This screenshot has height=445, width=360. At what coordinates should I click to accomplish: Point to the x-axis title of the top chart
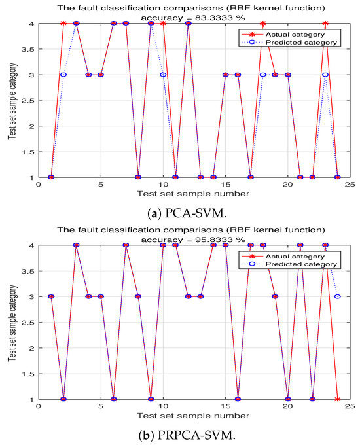[x=194, y=194]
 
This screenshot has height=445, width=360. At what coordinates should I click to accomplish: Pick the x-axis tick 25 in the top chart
[x=350, y=185]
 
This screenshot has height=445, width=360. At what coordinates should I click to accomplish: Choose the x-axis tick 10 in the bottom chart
[x=163, y=407]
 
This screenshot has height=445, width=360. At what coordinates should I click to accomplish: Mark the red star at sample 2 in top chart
[x=63, y=23]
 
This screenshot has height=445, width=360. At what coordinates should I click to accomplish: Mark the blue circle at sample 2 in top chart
[x=63, y=75]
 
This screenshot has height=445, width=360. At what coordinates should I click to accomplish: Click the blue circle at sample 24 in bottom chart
[x=337, y=296]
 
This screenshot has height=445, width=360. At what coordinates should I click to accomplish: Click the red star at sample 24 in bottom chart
[x=337, y=399]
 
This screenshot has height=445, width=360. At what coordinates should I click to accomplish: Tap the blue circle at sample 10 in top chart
[x=163, y=75]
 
